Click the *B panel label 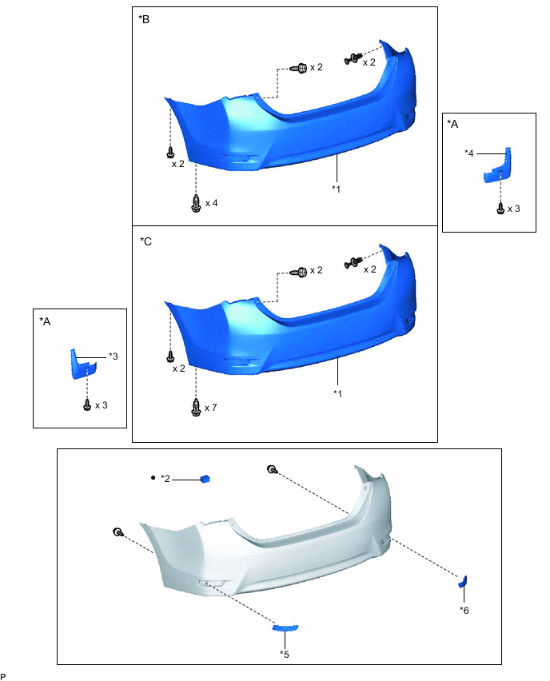click(144, 18)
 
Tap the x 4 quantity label click(211, 203)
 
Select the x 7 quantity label click(211, 408)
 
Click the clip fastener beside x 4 click(196, 203)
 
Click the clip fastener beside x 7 click(196, 408)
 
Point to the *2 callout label click(165, 479)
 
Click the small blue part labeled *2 click(205, 479)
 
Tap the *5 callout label click(285, 655)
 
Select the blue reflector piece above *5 click(285, 628)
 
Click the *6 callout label click(464, 611)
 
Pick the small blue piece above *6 click(462, 581)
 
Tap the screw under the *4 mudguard click(500, 209)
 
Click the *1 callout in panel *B click(337, 189)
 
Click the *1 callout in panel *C click(337, 393)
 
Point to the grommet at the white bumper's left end click(118, 532)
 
